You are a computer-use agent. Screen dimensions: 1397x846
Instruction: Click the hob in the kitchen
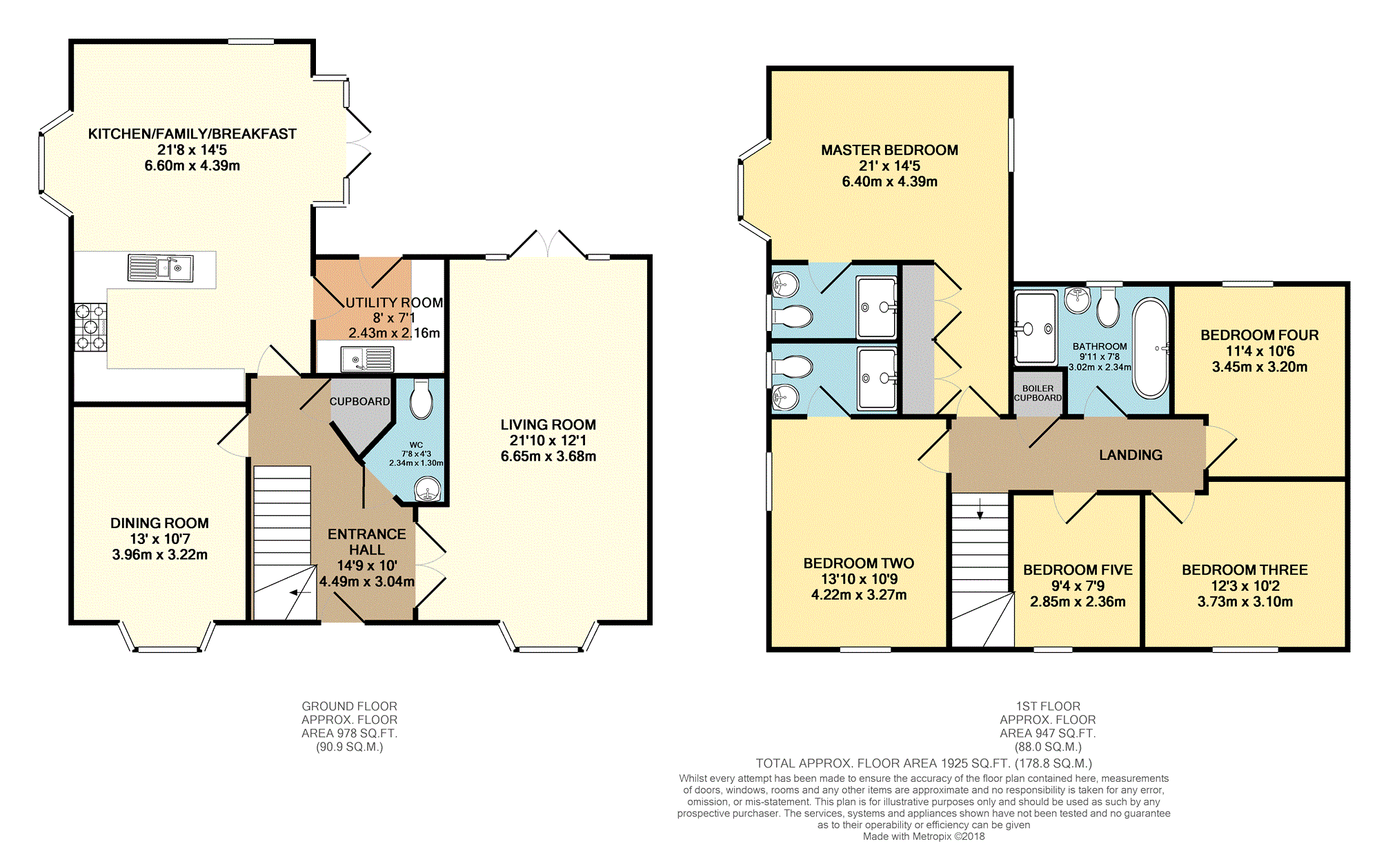pos(91,327)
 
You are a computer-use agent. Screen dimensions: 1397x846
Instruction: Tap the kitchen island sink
pos(161,268)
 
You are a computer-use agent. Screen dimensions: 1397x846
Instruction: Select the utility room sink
pos(367,359)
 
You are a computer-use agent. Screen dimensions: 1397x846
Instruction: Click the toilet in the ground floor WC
pos(421,399)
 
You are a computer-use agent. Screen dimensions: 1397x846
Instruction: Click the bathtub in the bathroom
pos(1151,348)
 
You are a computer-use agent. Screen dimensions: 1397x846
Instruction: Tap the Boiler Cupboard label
pos(1038,393)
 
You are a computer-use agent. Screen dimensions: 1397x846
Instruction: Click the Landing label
pos(1131,455)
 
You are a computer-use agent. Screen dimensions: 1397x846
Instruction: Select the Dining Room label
pos(159,523)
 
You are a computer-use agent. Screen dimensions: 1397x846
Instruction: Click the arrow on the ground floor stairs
pos(300,592)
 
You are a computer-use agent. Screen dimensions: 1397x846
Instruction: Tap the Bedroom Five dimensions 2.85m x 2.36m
pos(1078,602)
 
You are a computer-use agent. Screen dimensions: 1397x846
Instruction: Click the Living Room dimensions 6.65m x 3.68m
pos(548,456)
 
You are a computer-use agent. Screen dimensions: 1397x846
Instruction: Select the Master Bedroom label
pos(889,150)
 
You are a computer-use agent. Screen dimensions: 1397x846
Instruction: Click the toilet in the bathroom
pos(1108,308)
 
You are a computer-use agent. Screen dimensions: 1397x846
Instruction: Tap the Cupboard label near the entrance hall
pos(359,401)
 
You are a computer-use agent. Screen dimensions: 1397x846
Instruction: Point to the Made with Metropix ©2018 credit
pos(924,836)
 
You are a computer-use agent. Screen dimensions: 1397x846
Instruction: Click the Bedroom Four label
pos(1260,335)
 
